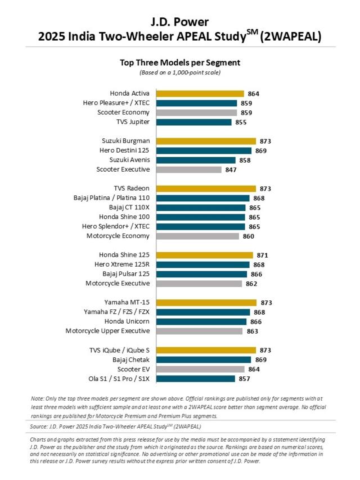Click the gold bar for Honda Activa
pos(200,94)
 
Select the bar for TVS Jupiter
pos(193,122)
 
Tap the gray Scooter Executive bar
pos(188,169)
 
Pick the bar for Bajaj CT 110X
pos(200,208)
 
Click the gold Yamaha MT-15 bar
pos(206,303)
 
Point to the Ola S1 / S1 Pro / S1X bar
pos(195,379)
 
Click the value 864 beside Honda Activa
pos(253,94)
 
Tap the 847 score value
pos(231,169)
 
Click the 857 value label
pos(244,379)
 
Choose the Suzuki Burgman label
pos(126,141)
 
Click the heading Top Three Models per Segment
pos(180,62)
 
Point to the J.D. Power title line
pos(180,23)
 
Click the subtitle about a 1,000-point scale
pos(180,73)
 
